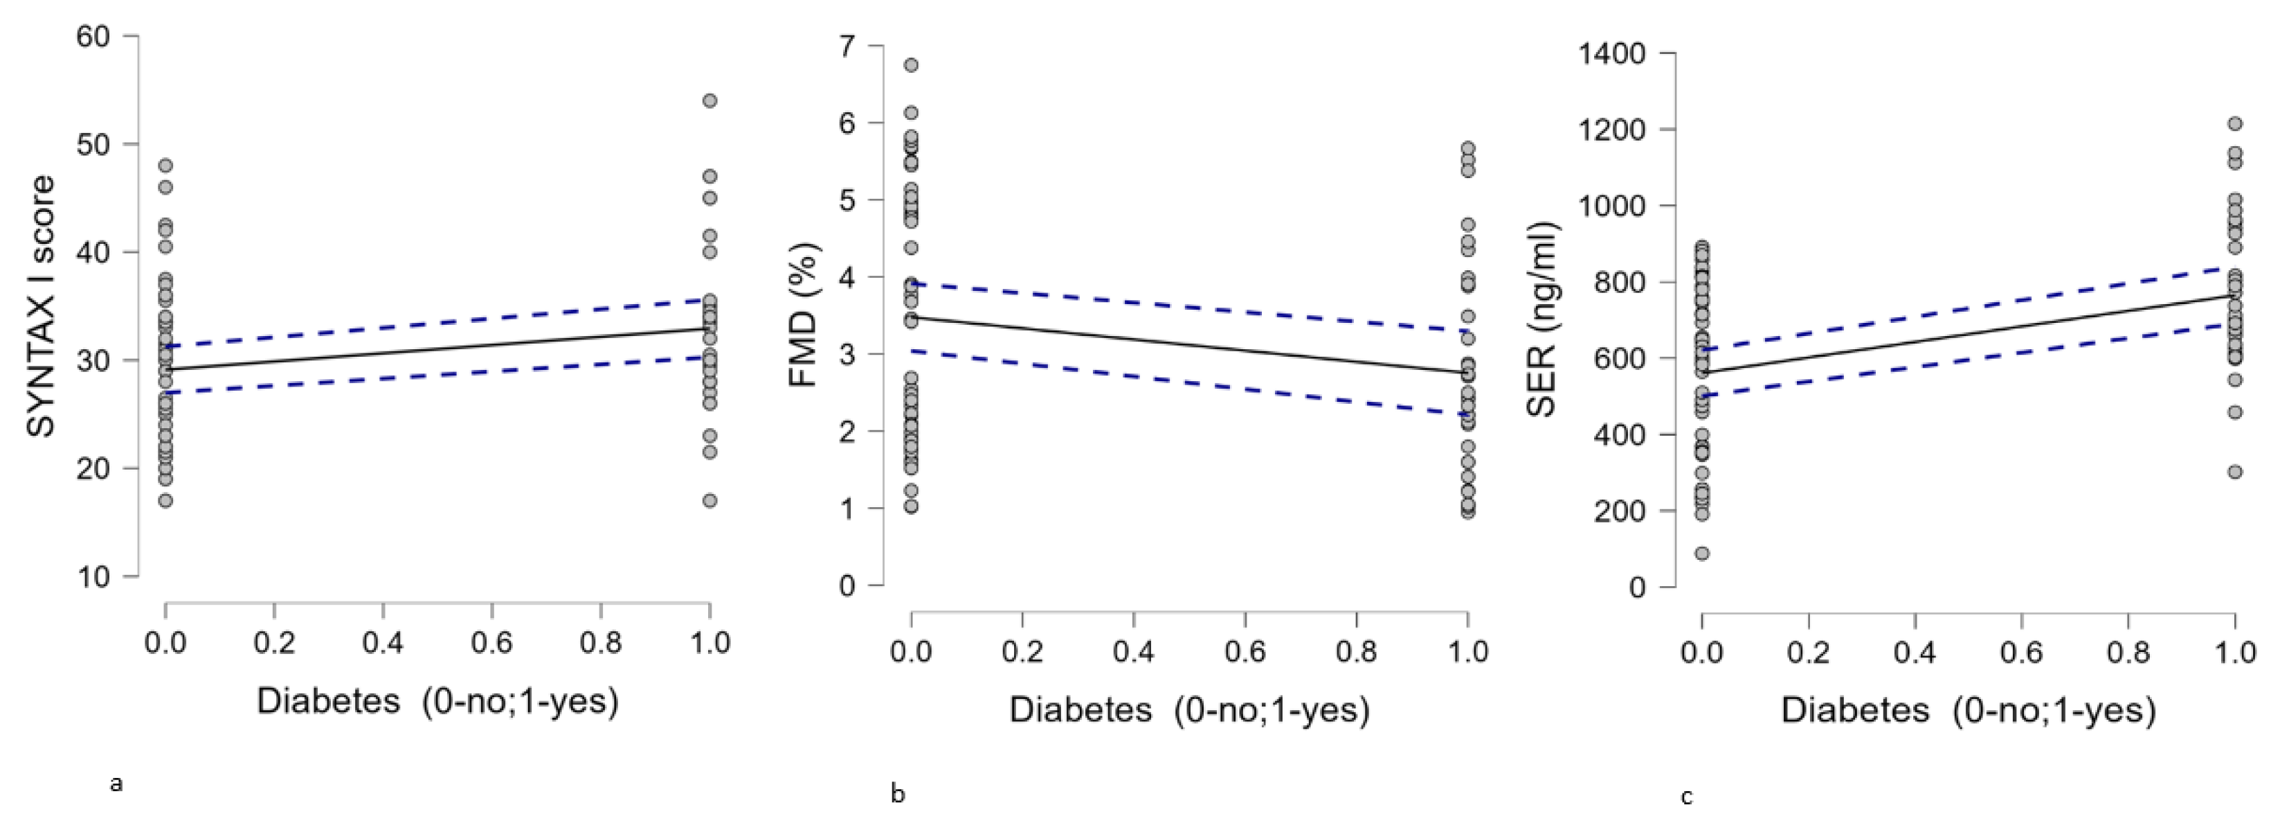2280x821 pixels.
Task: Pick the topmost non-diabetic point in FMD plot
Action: click(x=911, y=64)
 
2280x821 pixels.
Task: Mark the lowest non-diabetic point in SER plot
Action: click(x=1701, y=554)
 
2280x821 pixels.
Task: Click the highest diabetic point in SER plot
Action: click(x=2235, y=124)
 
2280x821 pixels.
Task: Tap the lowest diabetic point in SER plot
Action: click(x=2235, y=472)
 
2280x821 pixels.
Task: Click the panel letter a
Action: click(x=115, y=783)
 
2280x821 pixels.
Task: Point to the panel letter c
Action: click(x=1686, y=797)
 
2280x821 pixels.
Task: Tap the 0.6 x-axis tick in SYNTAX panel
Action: click(x=491, y=642)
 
